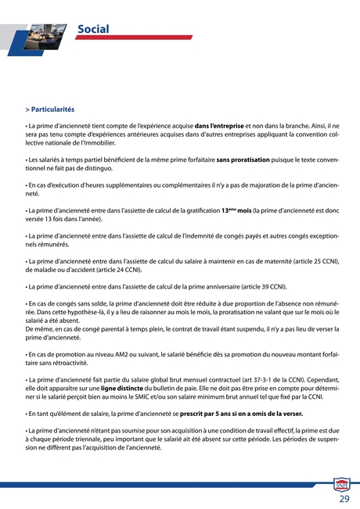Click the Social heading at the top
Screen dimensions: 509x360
click(x=92, y=30)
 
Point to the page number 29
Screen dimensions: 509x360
click(x=344, y=498)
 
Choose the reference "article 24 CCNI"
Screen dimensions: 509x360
click(x=120, y=269)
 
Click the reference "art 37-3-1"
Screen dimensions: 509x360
click(x=249, y=379)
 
